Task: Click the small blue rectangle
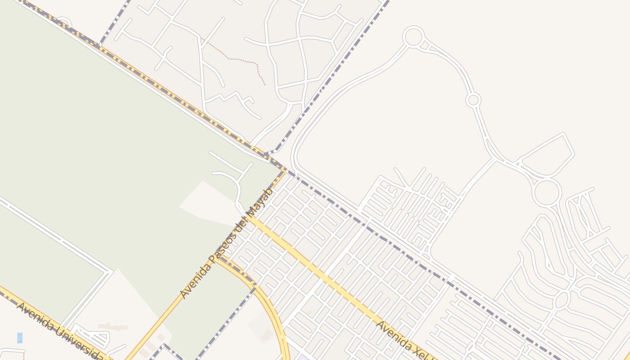[x=20, y=338]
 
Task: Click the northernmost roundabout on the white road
[x=413, y=36]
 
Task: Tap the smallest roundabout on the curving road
[x=473, y=100]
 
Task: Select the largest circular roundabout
[x=547, y=193]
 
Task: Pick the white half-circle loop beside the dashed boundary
[x=63, y=22]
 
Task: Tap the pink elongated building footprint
[x=113, y=326]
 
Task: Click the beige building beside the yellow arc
[x=266, y=335]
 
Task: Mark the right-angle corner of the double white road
[x=109, y=272]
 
